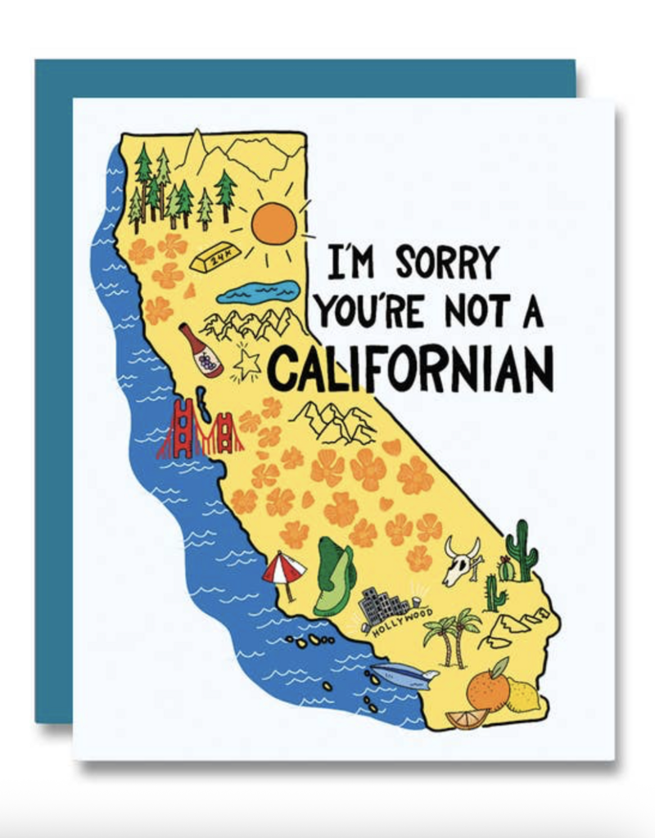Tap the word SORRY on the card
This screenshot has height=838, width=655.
[x=447, y=263]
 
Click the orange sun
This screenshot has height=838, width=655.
[x=273, y=223]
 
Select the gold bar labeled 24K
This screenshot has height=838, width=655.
[x=215, y=258]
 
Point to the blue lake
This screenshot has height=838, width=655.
[x=259, y=291]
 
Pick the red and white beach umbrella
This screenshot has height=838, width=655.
[x=283, y=569]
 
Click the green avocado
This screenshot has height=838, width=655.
[x=334, y=576]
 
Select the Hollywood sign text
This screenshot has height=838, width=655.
[x=402, y=623]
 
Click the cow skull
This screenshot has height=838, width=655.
[x=461, y=561]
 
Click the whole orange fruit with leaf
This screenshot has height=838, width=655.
[x=489, y=687]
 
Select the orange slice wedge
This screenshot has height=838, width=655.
[x=467, y=719]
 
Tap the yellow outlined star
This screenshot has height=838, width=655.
[x=246, y=363]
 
